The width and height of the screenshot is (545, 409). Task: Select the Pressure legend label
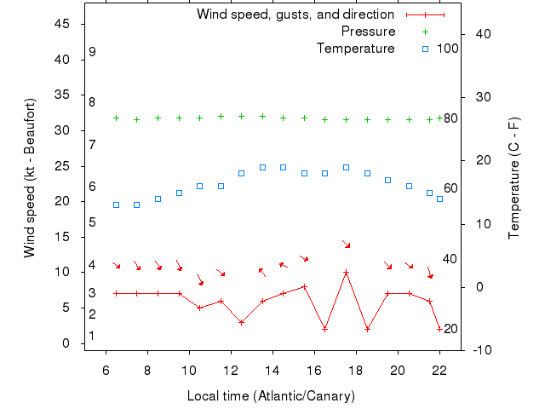click(368, 32)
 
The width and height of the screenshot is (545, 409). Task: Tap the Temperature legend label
click(356, 49)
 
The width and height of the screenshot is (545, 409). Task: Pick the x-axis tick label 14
click(272, 370)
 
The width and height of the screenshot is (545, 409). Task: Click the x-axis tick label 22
click(439, 370)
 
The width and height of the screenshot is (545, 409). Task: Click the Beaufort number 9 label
click(92, 53)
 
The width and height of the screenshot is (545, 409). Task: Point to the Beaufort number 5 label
click(92, 222)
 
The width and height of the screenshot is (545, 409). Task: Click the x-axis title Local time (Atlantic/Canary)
click(271, 396)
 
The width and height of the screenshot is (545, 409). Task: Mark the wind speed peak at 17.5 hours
click(346, 273)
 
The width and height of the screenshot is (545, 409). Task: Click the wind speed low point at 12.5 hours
click(242, 322)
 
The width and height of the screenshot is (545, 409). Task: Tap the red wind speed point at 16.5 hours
click(325, 329)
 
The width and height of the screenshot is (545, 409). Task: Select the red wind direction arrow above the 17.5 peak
click(346, 245)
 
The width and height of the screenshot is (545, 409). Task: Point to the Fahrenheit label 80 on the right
click(451, 118)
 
